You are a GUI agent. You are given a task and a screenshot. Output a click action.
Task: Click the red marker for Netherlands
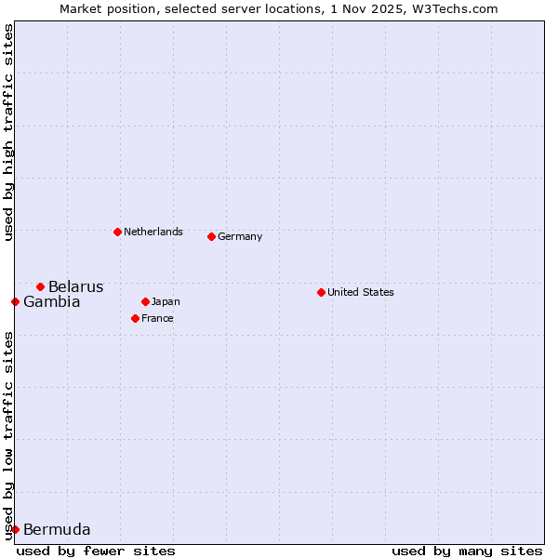(x=117, y=232)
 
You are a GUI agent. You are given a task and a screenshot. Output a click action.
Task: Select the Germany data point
(x=211, y=236)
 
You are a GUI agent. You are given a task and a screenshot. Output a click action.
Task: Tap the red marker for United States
(x=321, y=292)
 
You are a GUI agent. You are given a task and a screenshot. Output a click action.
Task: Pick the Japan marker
(x=145, y=301)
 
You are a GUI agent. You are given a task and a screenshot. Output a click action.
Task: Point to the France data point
(x=135, y=318)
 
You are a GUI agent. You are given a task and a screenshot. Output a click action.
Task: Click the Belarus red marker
(x=40, y=286)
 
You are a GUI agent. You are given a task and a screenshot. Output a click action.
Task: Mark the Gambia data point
(x=15, y=301)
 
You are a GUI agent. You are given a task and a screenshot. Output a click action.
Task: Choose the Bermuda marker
(x=15, y=529)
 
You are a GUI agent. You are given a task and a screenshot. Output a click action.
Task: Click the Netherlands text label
(x=153, y=232)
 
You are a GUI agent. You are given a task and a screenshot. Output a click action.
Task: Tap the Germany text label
(x=240, y=236)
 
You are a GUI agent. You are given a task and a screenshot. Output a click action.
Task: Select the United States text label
(x=360, y=292)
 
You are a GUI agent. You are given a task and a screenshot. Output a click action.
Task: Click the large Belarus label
(x=75, y=286)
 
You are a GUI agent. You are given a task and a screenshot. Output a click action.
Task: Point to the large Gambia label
(x=51, y=301)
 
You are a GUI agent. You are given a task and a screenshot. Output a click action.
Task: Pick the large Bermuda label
(x=57, y=530)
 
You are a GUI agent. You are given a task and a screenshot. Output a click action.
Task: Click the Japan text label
(x=166, y=301)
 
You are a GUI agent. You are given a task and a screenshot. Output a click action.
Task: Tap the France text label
(x=157, y=318)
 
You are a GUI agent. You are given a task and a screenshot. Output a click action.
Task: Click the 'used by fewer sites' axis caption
(x=96, y=551)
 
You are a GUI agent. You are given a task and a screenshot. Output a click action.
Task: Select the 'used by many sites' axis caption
(x=467, y=551)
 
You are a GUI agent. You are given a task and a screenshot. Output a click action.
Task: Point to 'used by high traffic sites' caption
(x=8, y=132)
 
